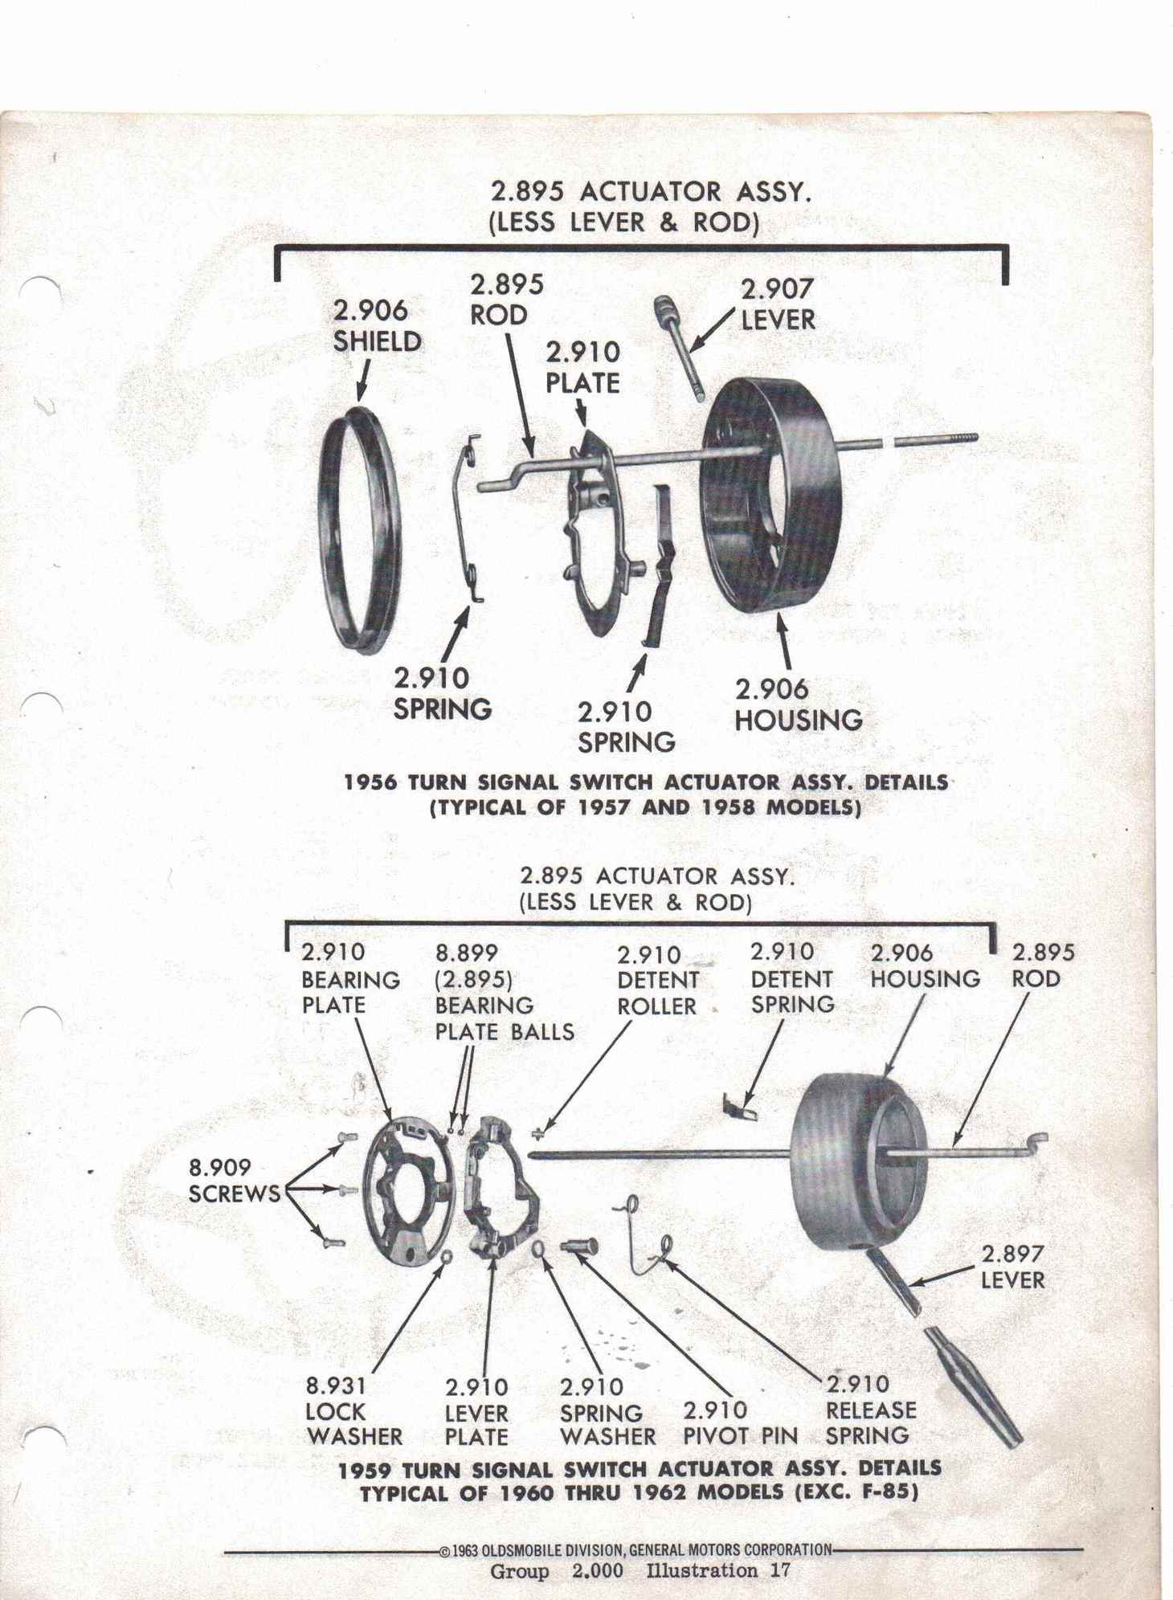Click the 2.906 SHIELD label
click(x=377, y=325)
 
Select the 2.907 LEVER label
click(x=777, y=304)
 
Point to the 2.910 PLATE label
click(x=582, y=367)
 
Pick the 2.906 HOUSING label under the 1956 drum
click(x=798, y=704)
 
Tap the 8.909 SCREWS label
click(x=234, y=1180)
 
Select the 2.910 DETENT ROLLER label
click(x=657, y=980)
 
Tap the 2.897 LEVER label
click(x=1012, y=1267)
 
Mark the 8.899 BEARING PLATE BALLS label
click(x=504, y=992)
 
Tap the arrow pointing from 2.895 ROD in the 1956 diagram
click(x=518, y=393)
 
